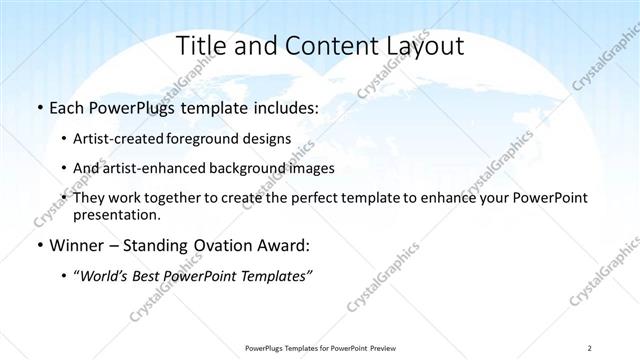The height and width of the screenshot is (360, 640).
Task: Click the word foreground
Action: coord(214,139)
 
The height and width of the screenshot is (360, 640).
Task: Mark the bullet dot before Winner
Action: coord(38,245)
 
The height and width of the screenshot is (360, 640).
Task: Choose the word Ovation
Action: coord(225,245)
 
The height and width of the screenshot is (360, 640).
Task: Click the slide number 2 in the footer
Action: coord(590,347)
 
